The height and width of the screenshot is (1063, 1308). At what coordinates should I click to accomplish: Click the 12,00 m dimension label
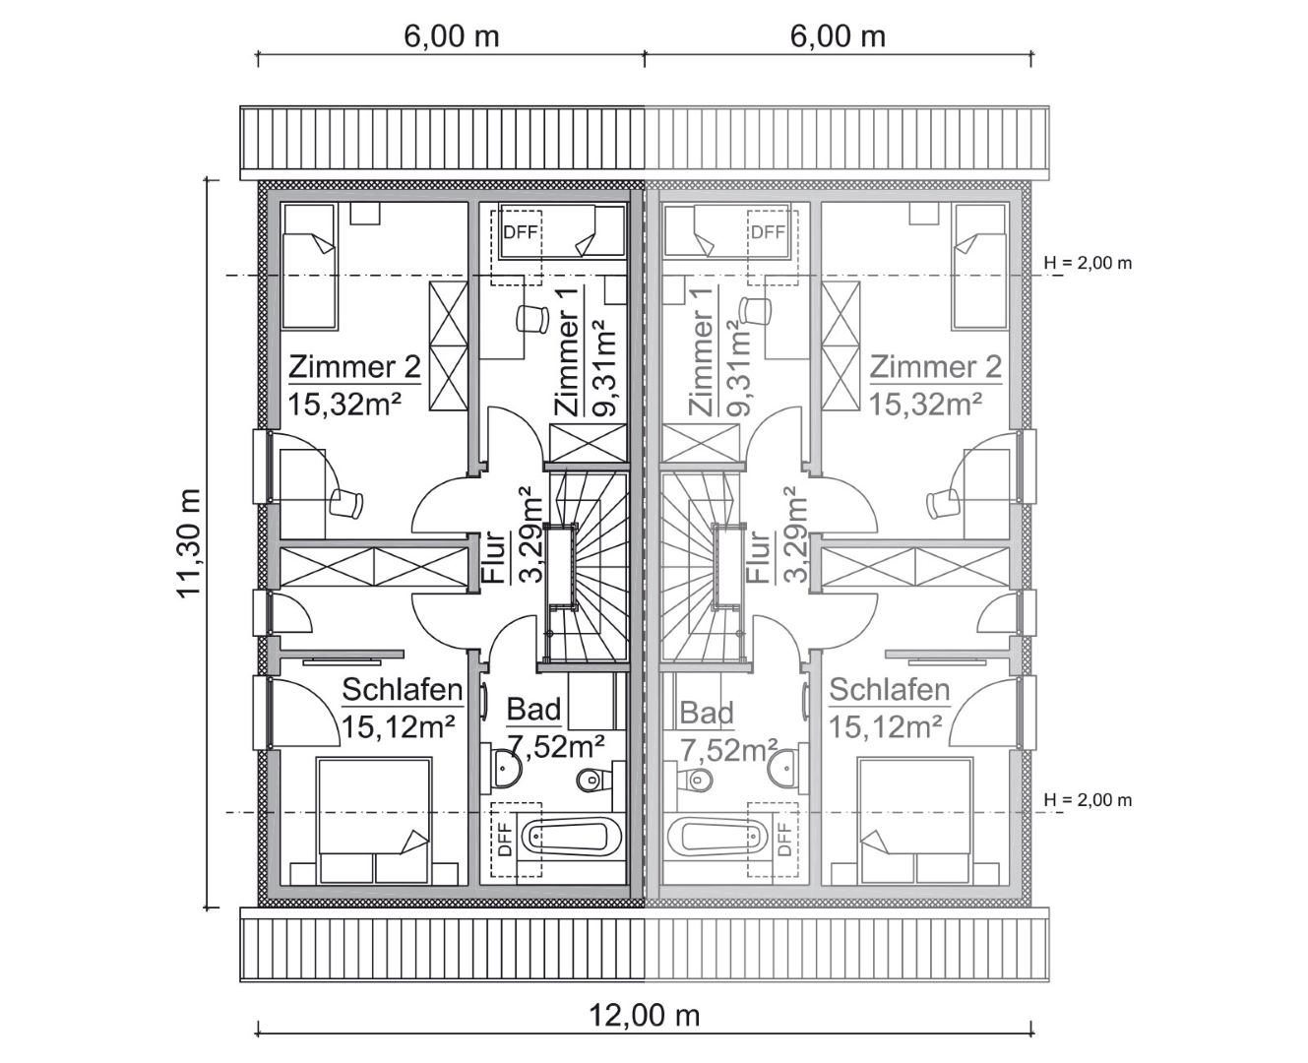pos(646,1013)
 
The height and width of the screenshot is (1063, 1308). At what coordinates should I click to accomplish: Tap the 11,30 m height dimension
pos(188,541)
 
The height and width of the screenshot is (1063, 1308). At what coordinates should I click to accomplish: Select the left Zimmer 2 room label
pos(354,367)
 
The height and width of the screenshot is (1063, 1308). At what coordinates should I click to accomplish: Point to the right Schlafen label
pos(889,689)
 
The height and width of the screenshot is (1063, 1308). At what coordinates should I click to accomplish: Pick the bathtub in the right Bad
pos(716,838)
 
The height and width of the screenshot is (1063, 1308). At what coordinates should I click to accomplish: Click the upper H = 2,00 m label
pos(1088,263)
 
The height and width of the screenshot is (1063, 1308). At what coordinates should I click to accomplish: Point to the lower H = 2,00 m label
pos(1088,800)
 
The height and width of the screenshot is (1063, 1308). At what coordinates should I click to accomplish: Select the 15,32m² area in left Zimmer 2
pos(345,404)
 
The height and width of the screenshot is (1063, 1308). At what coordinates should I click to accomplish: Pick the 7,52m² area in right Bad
pos(728,750)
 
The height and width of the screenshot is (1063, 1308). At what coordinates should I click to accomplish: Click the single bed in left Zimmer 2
pos(311,267)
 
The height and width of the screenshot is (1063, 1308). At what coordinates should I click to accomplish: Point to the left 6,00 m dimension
pos(451,36)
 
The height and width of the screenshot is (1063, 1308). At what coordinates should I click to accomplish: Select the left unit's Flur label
pos(492,558)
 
